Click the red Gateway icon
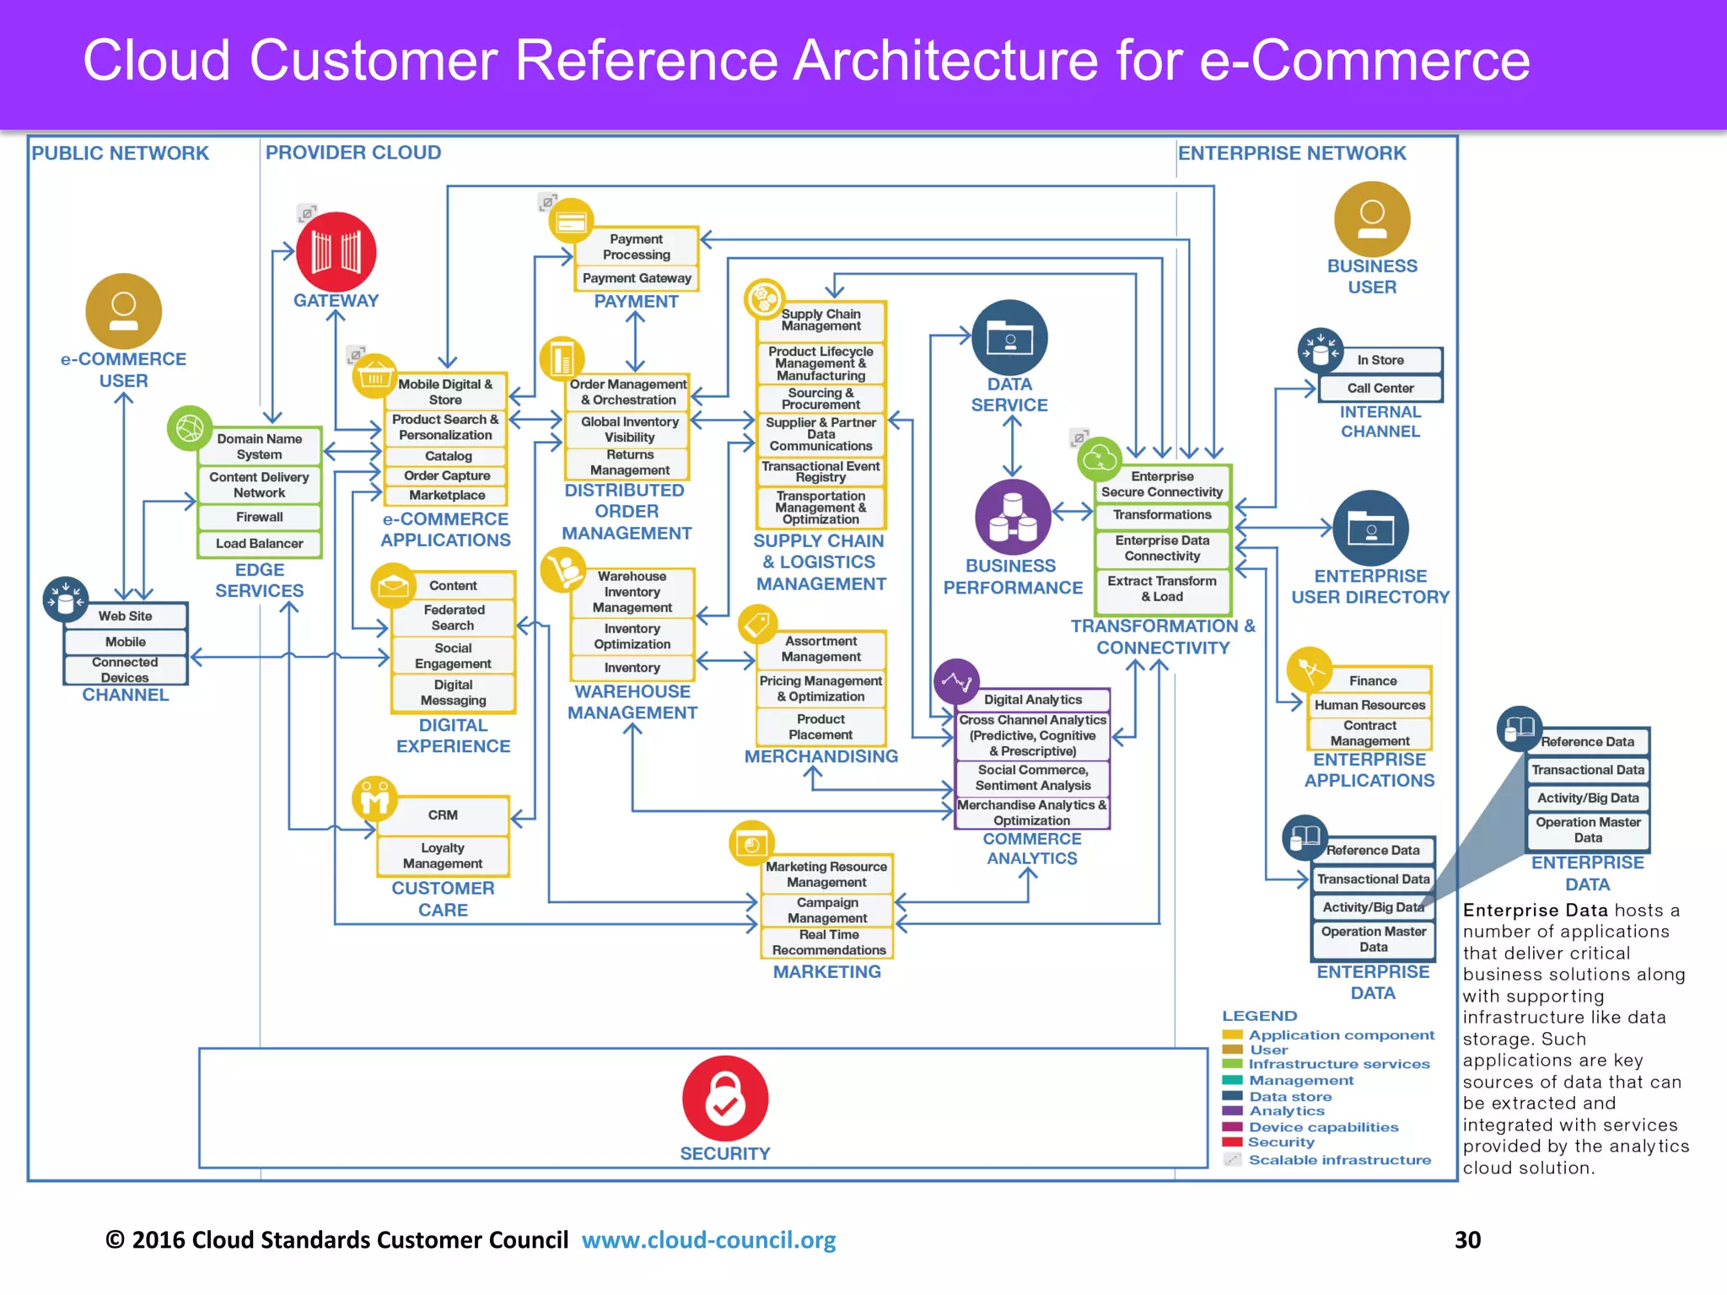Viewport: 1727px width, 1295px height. (336, 252)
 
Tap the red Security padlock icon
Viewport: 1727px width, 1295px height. (725, 1098)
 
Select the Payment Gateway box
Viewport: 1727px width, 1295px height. (637, 278)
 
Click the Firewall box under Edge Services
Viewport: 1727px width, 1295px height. (259, 517)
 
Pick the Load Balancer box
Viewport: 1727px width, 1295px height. (259, 544)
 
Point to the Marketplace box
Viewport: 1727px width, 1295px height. (446, 496)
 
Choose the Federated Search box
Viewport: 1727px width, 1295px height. (453, 617)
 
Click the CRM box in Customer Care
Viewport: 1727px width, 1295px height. (443, 815)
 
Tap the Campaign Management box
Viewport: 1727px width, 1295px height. (826, 910)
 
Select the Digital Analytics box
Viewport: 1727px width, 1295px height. (1032, 700)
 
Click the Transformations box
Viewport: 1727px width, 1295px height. (1162, 514)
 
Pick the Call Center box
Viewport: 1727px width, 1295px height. (1380, 388)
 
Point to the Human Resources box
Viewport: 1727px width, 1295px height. (1369, 705)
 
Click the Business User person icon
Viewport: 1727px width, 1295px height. (1372, 219)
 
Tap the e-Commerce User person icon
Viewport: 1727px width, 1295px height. (124, 311)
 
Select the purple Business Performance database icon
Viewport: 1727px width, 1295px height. (1012, 517)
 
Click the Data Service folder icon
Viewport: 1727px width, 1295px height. (1009, 338)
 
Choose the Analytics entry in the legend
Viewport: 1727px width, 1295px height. (1286, 1111)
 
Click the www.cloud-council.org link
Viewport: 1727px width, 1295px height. (708, 1239)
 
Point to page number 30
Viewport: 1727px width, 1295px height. (1467, 1239)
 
